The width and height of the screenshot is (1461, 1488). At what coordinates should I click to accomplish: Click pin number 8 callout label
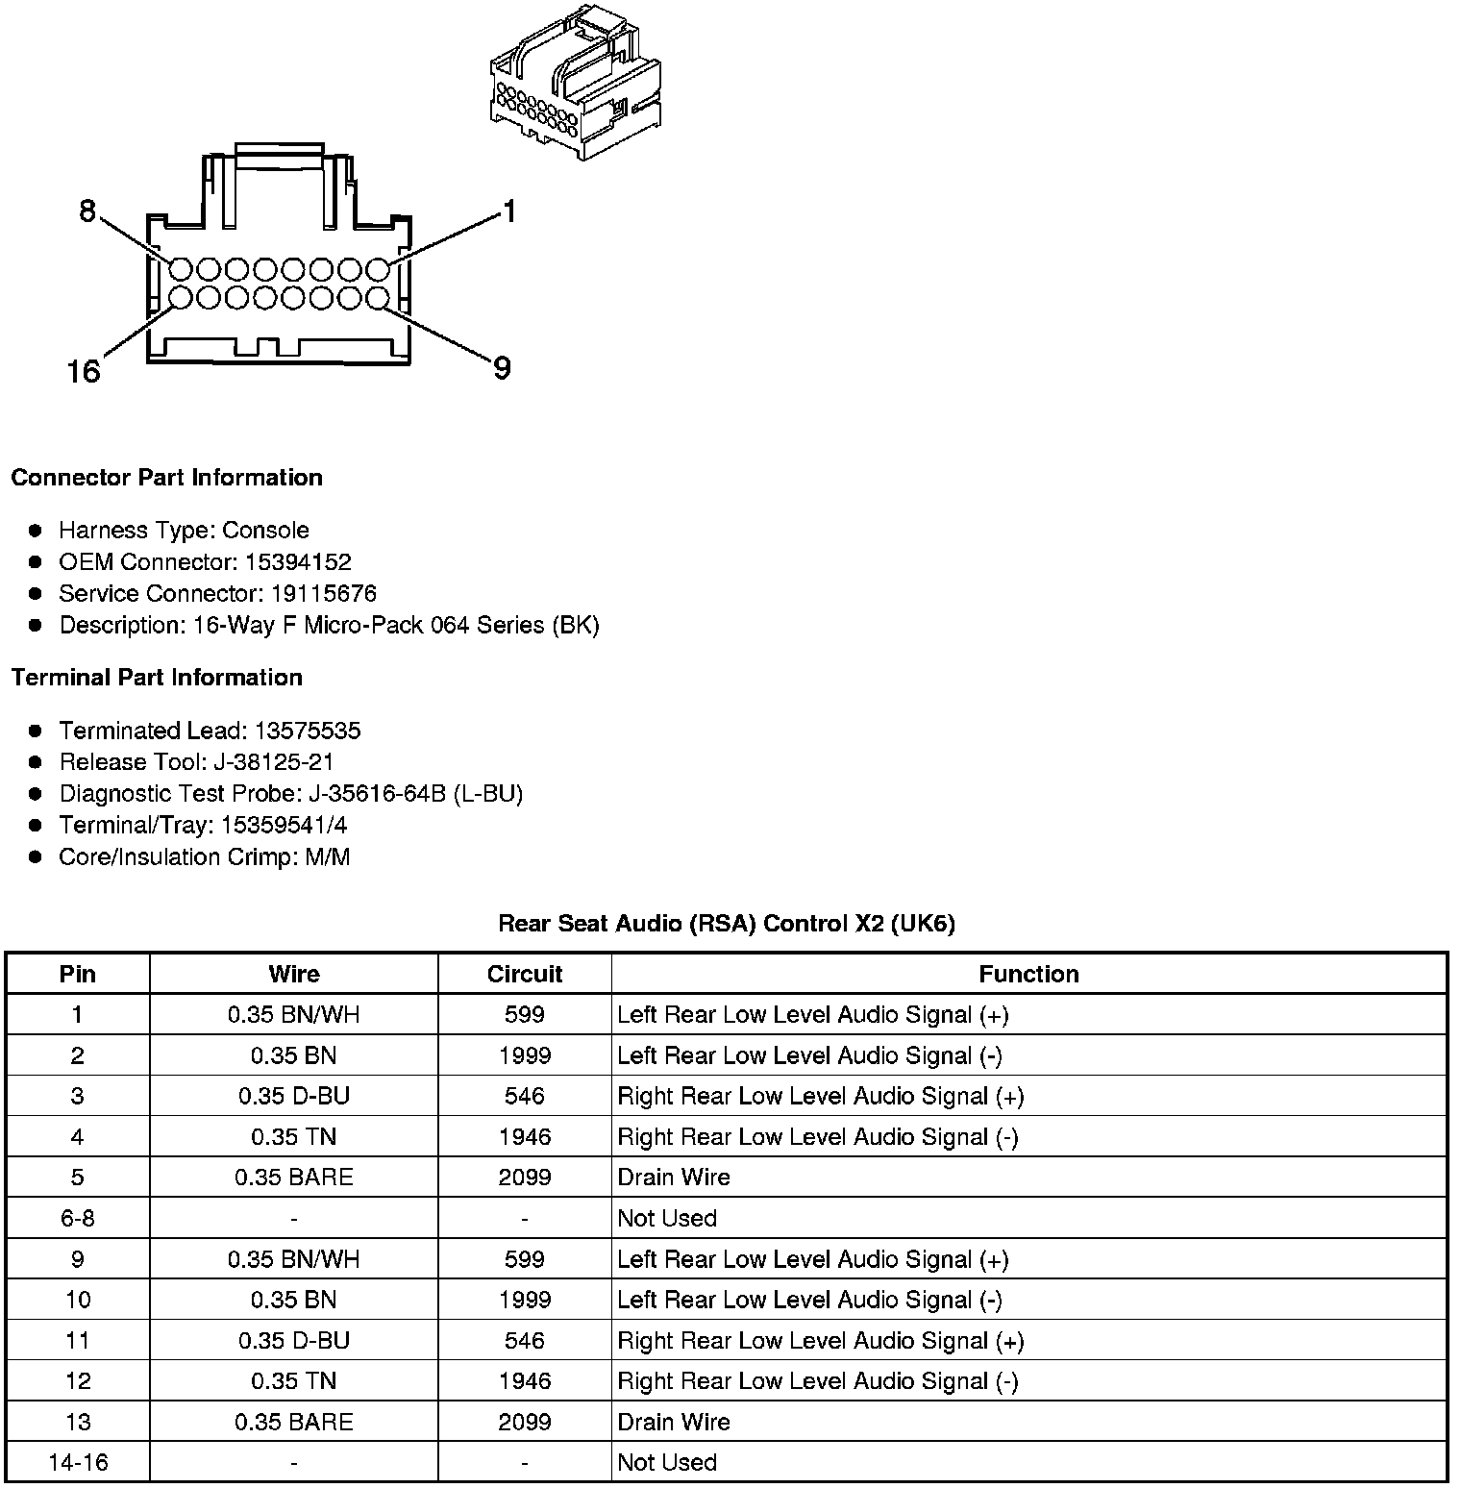click(x=87, y=211)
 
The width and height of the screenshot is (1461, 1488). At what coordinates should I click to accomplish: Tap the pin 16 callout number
click(x=84, y=370)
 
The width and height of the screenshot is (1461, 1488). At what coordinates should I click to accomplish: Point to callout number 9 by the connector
click(x=502, y=367)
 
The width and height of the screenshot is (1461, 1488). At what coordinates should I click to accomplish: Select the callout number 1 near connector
click(x=509, y=211)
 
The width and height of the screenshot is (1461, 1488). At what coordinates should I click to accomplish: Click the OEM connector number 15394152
click(x=297, y=561)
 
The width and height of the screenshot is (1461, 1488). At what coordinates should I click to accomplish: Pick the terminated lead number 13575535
click(x=307, y=731)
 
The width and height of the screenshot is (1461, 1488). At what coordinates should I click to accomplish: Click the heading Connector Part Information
click(x=166, y=478)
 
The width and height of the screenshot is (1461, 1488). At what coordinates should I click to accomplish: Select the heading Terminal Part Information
click(x=157, y=678)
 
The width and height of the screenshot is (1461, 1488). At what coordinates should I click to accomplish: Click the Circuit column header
click(x=524, y=974)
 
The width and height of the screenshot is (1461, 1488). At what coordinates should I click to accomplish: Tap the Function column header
click(x=1028, y=974)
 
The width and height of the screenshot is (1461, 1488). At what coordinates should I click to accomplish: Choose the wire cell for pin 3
click(x=293, y=1096)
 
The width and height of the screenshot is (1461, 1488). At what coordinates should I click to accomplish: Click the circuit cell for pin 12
click(x=524, y=1381)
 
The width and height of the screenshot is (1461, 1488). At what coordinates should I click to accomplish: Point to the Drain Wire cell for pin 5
click(x=674, y=1178)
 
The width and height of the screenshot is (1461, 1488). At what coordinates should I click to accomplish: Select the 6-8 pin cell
click(x=78, y=1218)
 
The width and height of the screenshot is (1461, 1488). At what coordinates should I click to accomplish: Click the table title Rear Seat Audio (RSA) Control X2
click(x=726, y=924)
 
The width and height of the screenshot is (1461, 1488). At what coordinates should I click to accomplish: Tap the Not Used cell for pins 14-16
click(x=667, y=1462)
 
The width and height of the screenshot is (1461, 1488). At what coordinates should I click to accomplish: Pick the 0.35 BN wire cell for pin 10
click(x=293, y=1300)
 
